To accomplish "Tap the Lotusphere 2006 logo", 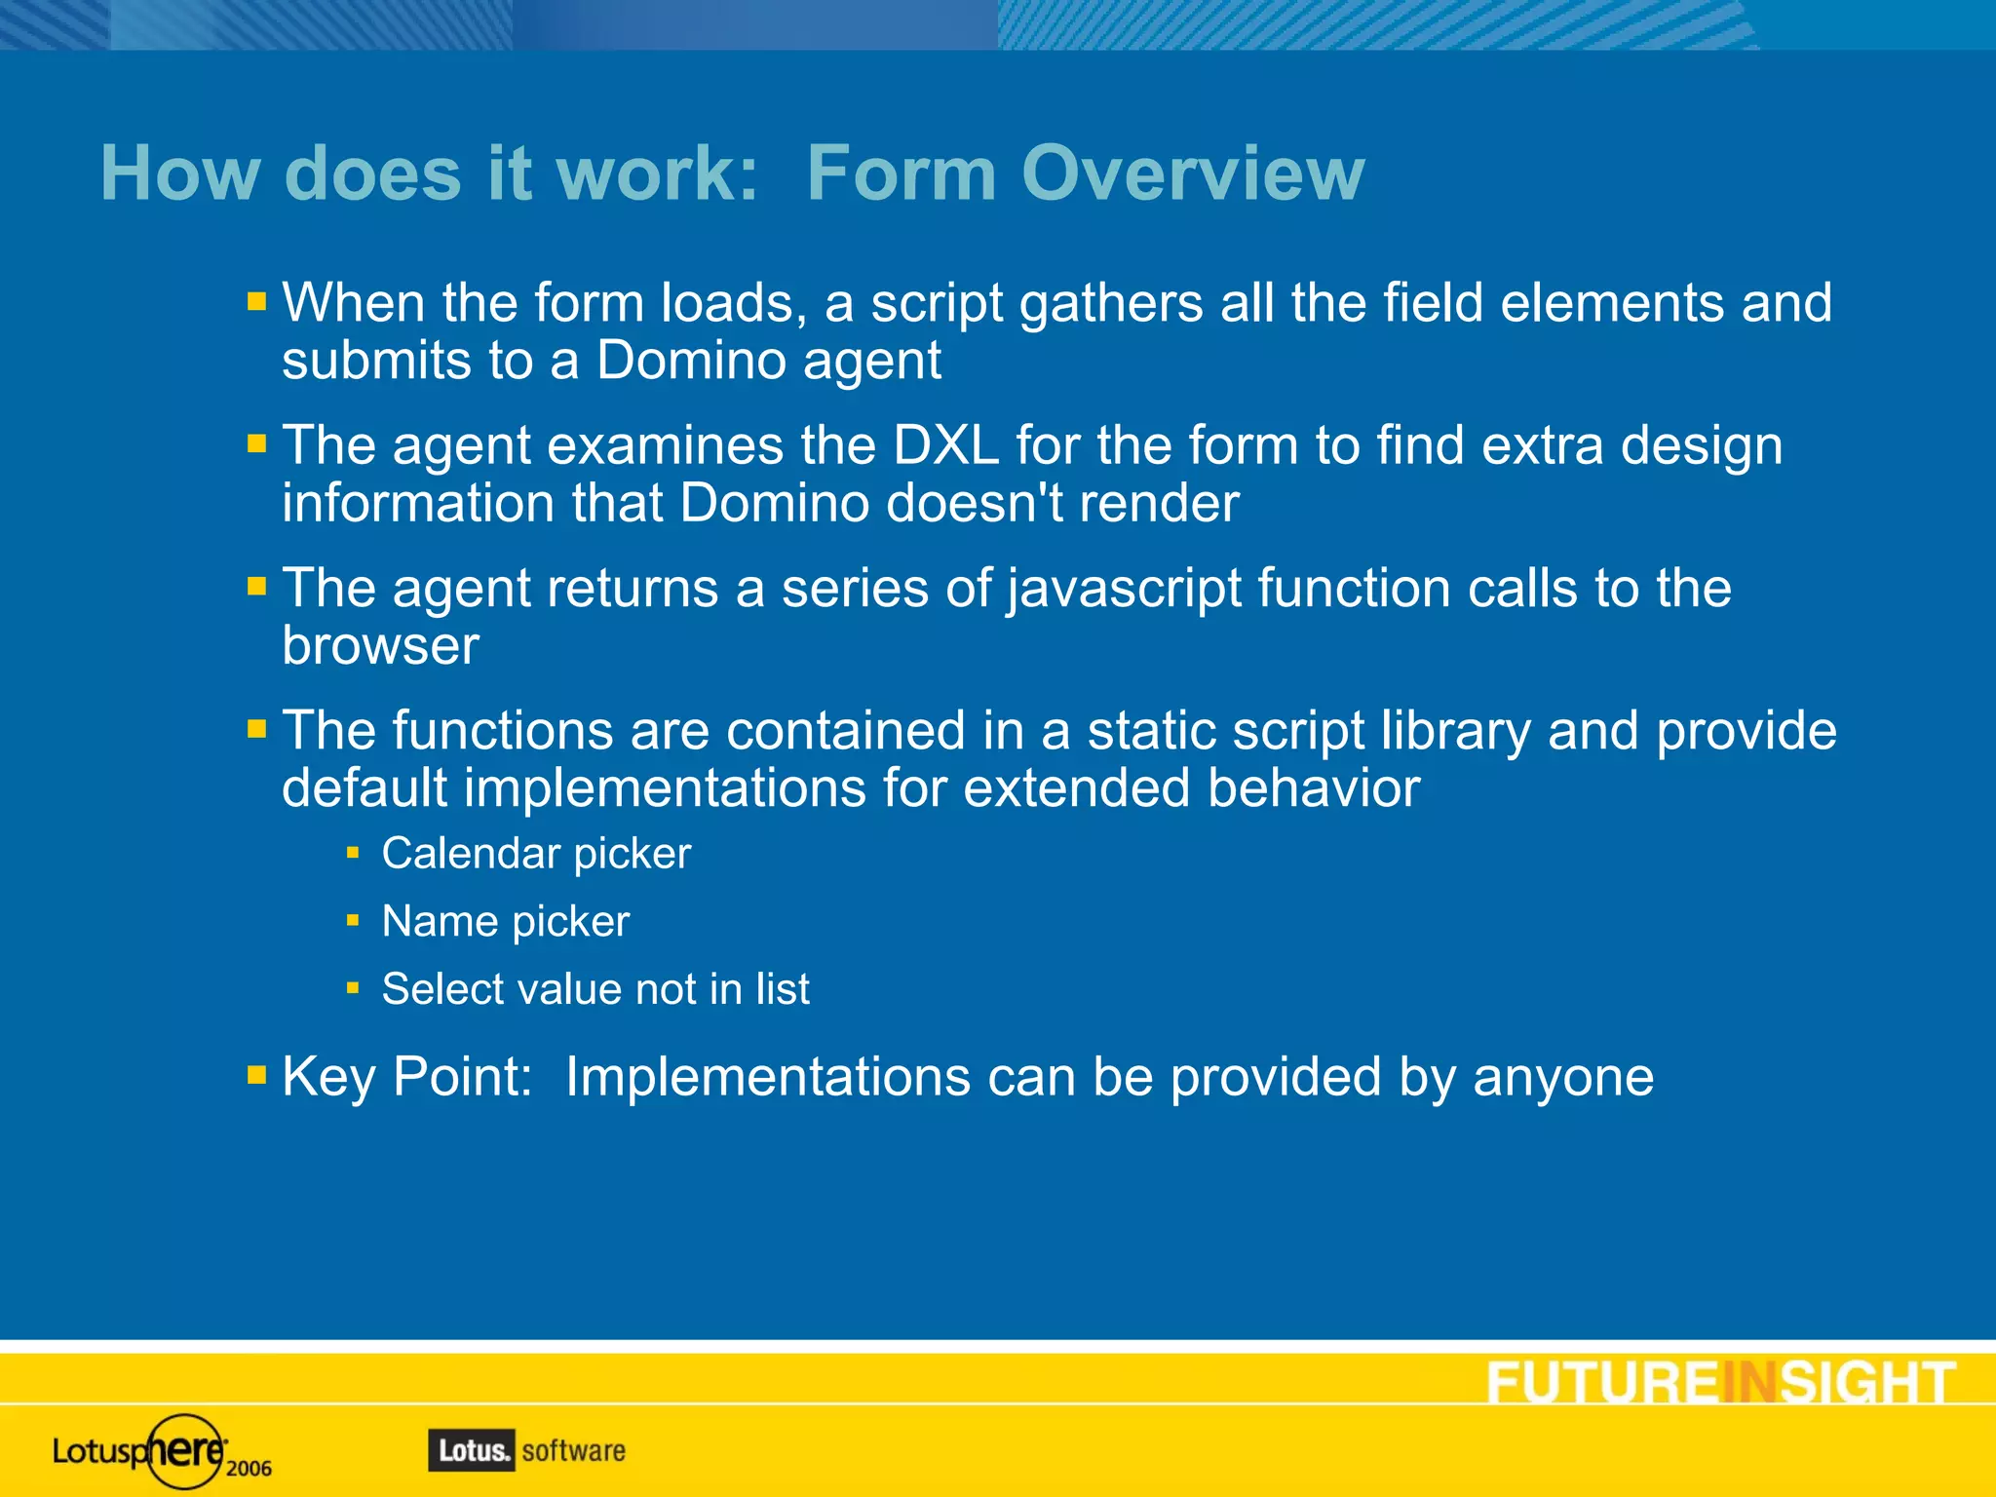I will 162,1451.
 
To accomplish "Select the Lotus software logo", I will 526,1450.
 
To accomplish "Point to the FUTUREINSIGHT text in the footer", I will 1720,1383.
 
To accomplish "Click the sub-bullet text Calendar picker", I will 536,854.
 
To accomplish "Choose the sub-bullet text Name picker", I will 505,922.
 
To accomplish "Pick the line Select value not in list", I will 595,989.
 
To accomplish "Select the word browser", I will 380,646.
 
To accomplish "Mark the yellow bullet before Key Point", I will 256,1075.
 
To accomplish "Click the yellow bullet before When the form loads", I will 256,301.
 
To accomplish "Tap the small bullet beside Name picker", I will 353,920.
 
